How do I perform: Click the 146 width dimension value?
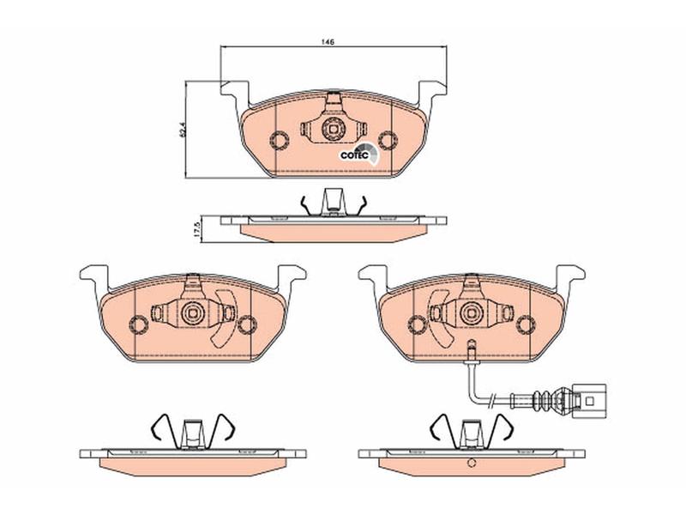[328, 42]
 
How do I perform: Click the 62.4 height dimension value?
[183, 130]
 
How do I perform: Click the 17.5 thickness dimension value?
[198, 229]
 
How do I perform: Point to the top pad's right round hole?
[388, 140]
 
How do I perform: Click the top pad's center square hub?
[334, 130]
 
